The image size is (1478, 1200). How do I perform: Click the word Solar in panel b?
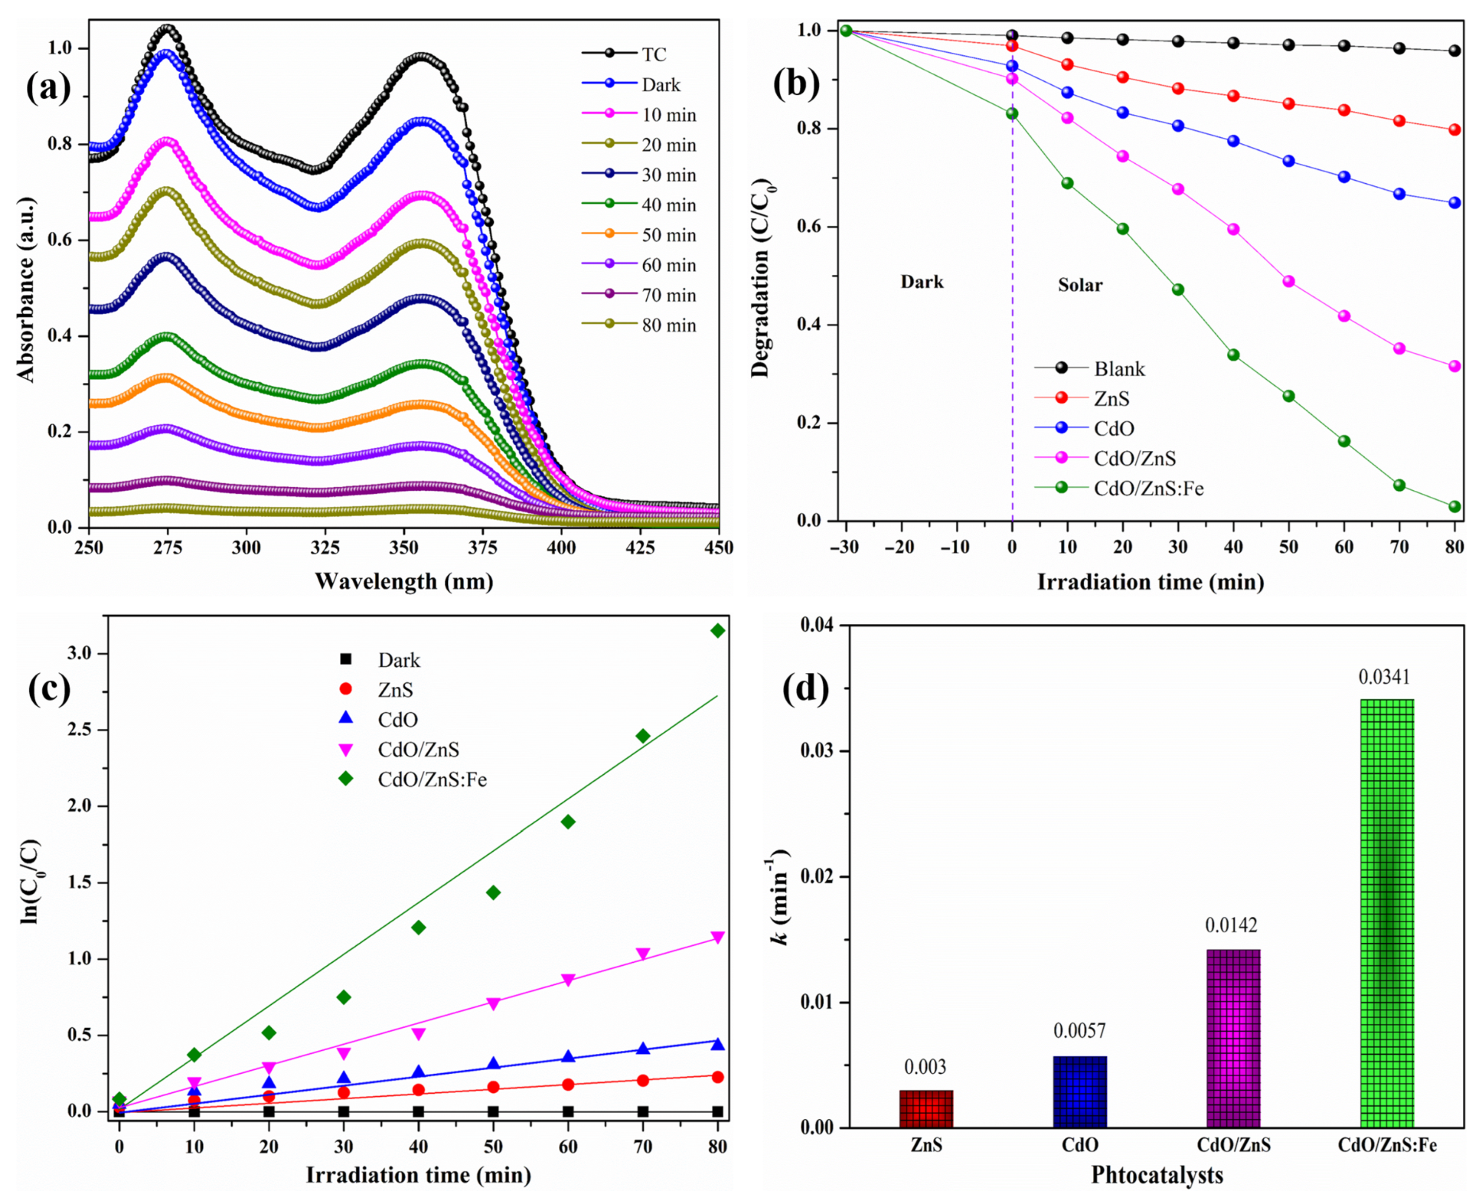(1080, 285)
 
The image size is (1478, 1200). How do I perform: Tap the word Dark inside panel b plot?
(921, 282)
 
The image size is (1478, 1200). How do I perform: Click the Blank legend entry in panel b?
(1119, 369)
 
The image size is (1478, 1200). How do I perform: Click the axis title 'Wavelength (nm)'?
(404, 581)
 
